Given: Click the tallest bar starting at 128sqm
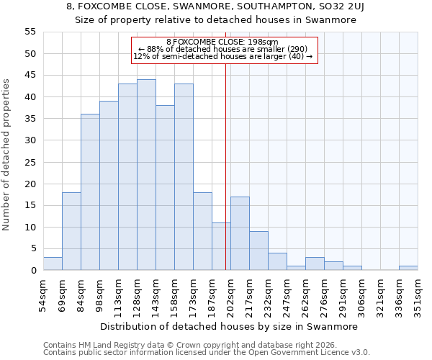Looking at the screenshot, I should pyautogui.click(x=146, y=175).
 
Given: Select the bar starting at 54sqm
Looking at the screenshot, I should pyautogui.click(x=53, y=264).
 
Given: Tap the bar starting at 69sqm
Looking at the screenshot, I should pyautogui.click(x=71, y=231).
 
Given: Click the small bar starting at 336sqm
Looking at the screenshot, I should pyautogui.click(x=408, y=268).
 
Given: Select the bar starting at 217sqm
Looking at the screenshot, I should pyautogui.click(x=258, y=251).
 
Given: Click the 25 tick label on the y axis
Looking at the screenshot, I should pyautogui.click(x=31, y=162).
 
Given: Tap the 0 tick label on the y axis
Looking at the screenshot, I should pyautogui.click(x=34, y=271).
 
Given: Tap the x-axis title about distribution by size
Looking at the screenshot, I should pyautogui.click(x=228, y=326).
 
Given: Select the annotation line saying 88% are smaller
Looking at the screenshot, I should pyautogui.click(x=222, y=49).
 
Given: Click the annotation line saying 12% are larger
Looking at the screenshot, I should pyautogui.click(x=222, y=56).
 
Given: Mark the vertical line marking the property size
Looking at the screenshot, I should pyautogui.click(x=225, y=180).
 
